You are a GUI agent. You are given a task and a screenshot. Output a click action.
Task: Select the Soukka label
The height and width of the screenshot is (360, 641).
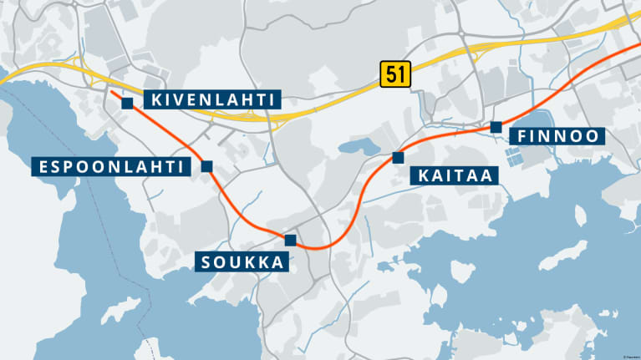click(243, 262)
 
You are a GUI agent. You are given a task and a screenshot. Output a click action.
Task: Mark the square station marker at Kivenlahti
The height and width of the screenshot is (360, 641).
click(127, 103)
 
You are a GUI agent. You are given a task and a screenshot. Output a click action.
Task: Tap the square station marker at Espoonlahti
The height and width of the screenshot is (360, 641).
click(206, 166)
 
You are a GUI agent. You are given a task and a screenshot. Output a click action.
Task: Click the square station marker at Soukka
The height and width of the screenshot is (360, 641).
click(290, 241)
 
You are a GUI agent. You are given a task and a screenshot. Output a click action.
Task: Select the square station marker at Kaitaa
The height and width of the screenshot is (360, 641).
click(398, 157)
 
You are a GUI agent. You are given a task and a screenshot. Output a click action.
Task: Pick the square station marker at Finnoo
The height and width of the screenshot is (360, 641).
click(496, 127)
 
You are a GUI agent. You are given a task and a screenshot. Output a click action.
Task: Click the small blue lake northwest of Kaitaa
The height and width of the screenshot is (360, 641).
click(354, 149)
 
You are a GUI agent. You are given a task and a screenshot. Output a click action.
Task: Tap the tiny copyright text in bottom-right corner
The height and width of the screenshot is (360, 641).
click(629, 356)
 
